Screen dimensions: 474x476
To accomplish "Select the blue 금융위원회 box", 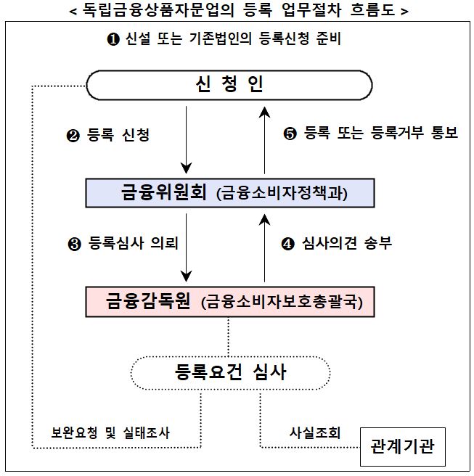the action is [x=230, y=193].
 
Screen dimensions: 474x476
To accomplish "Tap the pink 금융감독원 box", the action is [x=230, y=302].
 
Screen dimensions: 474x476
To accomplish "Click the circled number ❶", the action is [x=113, y=39].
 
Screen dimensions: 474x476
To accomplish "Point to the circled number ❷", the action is [x=73, y=136].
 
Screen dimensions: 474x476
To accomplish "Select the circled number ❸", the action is [x=74, y=244].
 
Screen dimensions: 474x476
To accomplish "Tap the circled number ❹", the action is [x=288, y=244].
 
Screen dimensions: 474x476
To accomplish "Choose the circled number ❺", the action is [x=290, y=134].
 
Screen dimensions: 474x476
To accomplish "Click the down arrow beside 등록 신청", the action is [x=186, y=139].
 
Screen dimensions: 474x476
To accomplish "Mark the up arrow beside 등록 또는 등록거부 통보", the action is [x=264, y=140].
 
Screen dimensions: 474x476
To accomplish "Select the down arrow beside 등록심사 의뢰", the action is [x=186, y=247].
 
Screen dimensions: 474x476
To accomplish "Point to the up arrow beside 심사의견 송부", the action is [x=264, y=247].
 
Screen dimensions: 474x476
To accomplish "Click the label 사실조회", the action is [x=314, y=432].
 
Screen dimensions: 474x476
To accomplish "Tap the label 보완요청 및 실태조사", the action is [x=110, y=432].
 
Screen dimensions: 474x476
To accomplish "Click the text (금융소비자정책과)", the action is [x=282, y=193].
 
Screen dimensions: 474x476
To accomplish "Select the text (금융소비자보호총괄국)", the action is [x=282, y=302].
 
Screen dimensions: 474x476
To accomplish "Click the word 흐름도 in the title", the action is [x=372, y=10].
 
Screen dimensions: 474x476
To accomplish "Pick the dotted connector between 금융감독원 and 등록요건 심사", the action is [x=229, y=337].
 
